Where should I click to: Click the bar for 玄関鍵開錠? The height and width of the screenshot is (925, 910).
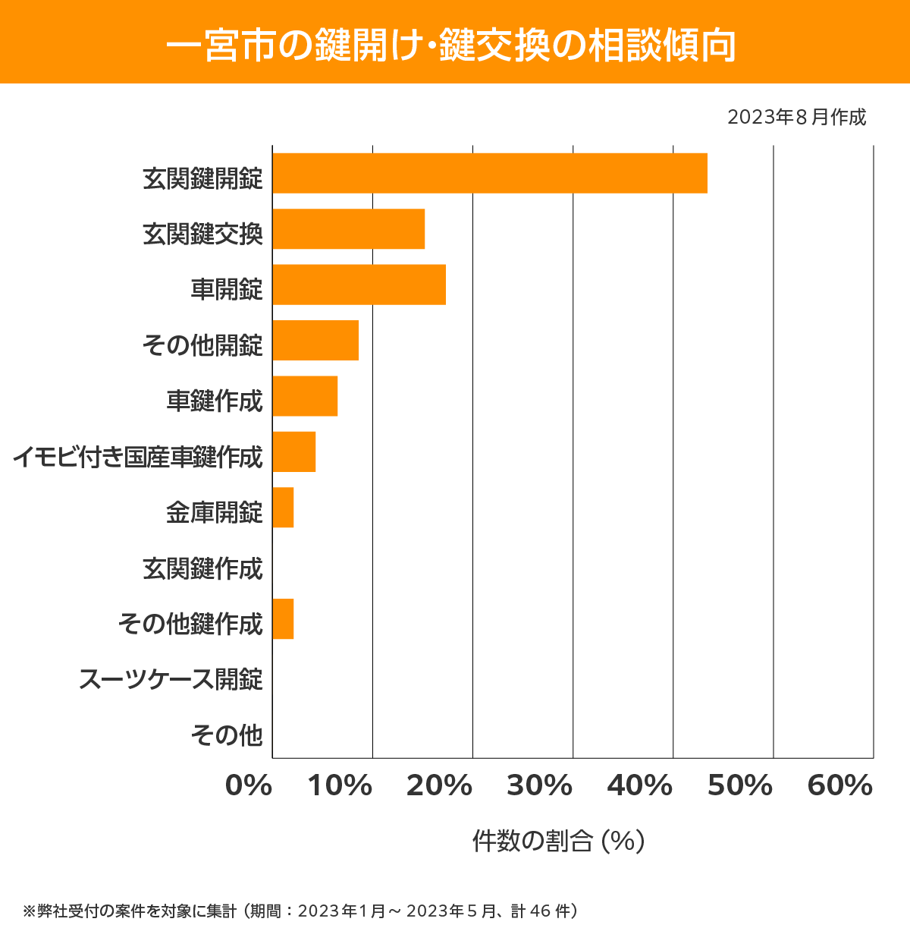[490, 173]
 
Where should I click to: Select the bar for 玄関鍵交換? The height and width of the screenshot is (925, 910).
[348, 228]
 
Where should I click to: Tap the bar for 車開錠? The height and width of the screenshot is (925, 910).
[359, 285]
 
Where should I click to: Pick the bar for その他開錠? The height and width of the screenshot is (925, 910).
[315, 340]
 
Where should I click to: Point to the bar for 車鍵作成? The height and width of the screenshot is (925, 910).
[305, 396]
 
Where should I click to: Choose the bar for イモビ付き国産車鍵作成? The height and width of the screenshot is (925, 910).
[293, 451]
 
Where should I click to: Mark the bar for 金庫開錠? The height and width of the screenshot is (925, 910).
[283, 508]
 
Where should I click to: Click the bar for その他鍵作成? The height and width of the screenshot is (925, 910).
[283, 619]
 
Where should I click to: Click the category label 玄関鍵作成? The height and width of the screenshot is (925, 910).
[202, 568]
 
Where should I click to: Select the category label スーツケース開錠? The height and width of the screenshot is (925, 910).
[171, 679]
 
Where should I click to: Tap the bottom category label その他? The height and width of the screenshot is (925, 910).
[226, 735]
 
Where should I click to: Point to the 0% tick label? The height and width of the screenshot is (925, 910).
[249, 786]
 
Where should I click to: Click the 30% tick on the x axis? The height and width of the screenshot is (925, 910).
[539, 786]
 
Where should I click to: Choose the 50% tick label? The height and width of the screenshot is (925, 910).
[739, 786]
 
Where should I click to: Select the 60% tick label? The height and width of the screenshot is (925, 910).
[840, 786]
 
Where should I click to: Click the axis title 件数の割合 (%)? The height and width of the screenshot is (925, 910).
[558, 841]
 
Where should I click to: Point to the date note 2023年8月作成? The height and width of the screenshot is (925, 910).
[796, 118]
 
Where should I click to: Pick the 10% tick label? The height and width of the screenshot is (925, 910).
[340, 786]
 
